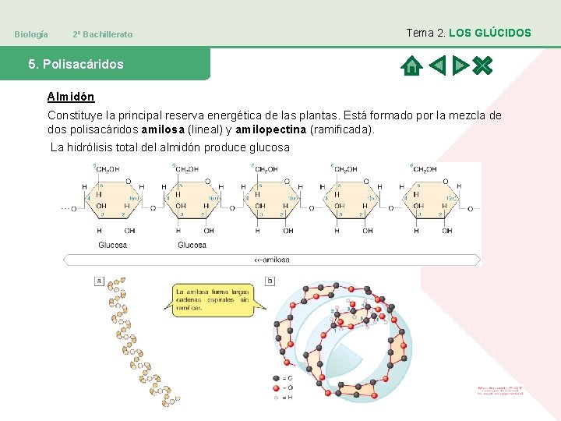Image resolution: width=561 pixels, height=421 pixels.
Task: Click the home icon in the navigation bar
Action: pos(411,65)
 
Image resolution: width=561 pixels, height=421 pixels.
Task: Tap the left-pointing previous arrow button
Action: pos(438,65)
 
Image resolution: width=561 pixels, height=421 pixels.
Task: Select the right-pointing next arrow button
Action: pos(460,65)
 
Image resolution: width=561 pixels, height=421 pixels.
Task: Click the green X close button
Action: pos(483,65)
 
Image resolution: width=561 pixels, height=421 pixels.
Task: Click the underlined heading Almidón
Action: pos(71,97)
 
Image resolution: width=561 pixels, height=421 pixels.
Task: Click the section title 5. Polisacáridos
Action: pos(76,64)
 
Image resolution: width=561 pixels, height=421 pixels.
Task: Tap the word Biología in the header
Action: pos(31,34)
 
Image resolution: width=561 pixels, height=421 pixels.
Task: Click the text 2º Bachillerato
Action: pos(102,34)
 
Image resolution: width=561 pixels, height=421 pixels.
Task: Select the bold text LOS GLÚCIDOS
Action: pos(490,33)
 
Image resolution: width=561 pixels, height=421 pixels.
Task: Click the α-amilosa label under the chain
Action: pos(272,260)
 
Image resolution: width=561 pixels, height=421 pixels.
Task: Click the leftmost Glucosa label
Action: pos(112,245)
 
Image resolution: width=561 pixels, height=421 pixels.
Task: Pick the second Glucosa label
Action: pos(192,245)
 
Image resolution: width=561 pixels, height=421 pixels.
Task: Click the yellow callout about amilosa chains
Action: pos(212,299)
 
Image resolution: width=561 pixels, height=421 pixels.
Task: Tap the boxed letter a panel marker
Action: pos(99,280)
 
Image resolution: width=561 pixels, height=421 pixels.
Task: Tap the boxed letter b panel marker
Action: pos(270,281)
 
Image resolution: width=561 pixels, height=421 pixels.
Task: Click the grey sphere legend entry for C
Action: pos(276,378)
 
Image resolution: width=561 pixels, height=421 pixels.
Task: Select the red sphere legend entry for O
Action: pos(276,387)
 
